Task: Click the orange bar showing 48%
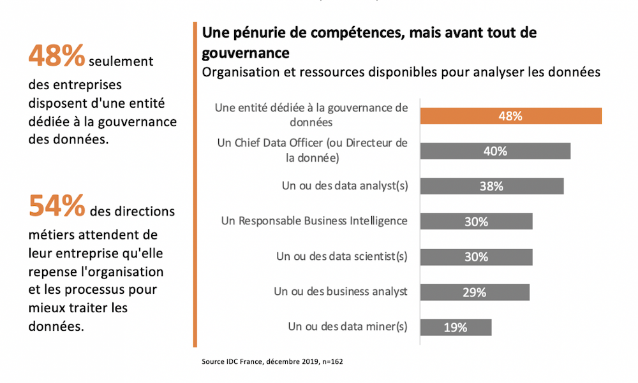(x=510, y=116)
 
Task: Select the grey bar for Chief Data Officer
(x=495, y=151)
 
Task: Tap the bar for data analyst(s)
(x=492, y=186)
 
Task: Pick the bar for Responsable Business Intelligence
(x=476, y=222)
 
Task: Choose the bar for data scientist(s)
(x=476, y=257)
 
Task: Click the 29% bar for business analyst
(x=475, y=293)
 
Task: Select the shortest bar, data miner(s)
(x=456, y=328)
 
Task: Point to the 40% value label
(x=495, y=151)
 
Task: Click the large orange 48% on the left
(x=56, y=57)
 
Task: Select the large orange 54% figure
(x=56, y=206)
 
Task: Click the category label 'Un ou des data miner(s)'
(x=348, y=327)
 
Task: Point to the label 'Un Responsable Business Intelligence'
(x=314, y=221)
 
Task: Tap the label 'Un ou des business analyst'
(x=341, y=292)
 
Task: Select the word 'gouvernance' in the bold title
(x=246, y=52)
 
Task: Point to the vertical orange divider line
(x=195, y=185)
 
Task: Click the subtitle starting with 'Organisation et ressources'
(x=401, y=71)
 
